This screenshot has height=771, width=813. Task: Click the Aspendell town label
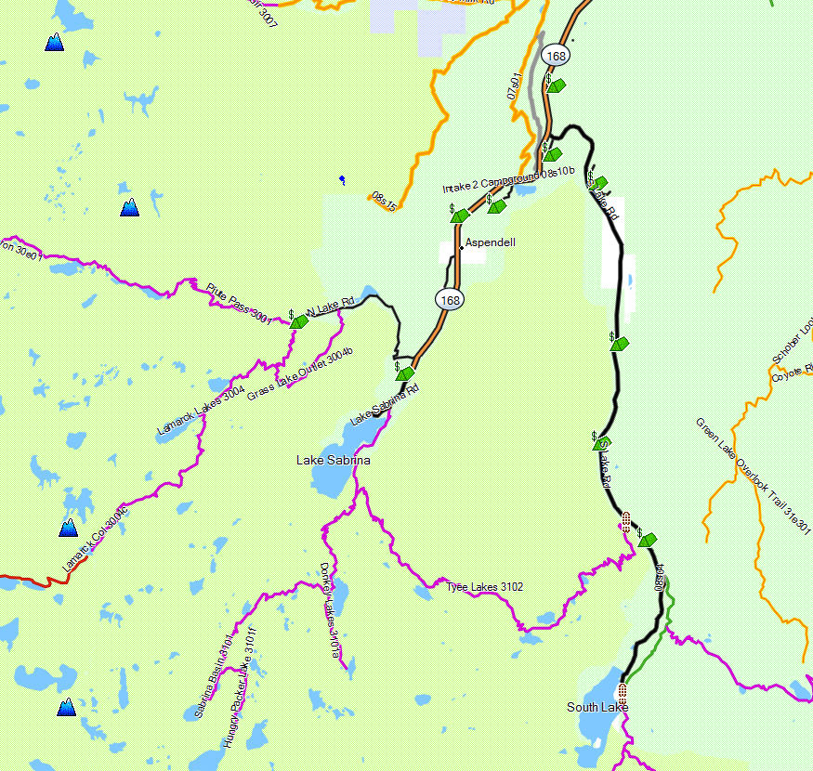tap(490, 242)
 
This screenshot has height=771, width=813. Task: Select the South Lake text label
tap(597, 707)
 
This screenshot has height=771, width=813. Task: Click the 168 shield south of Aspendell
tap(451, 299)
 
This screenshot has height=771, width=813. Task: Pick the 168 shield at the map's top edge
tap(557, 56)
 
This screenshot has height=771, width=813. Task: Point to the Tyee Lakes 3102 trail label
tap(484, 586)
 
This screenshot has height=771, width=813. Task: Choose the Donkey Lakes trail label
tap(331, 610)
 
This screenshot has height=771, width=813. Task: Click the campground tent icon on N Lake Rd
tap(299, 321)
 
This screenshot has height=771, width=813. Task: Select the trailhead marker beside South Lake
tap(622, 690)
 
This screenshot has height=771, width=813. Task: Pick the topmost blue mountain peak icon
tap(55, 42)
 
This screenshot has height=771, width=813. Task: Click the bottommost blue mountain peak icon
tap(66, 708)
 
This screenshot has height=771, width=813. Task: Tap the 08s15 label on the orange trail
tap(383, 201)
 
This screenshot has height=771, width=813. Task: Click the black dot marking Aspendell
tap(461, 247)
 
